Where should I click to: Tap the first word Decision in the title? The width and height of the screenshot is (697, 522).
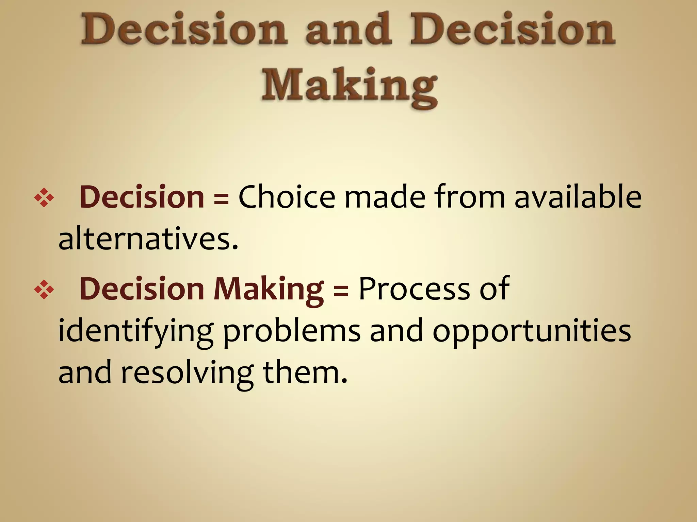184,31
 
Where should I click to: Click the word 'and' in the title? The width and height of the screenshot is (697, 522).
348,31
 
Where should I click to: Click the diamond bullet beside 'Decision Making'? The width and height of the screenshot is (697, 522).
44,290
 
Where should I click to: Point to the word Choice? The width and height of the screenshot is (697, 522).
287,197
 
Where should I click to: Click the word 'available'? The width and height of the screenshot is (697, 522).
578,197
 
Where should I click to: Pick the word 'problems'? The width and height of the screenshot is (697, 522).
292,331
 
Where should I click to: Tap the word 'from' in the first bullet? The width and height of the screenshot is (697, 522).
470,197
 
